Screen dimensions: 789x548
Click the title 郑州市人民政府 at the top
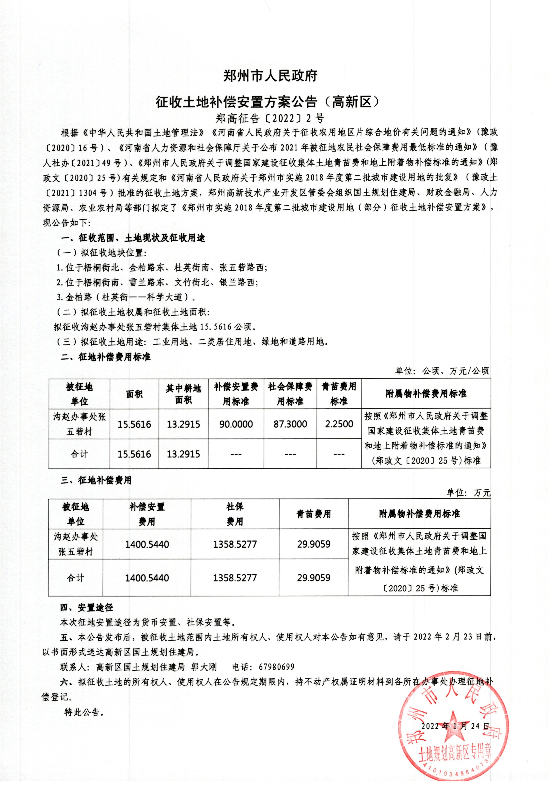270,76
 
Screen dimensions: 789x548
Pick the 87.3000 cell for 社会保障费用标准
290,424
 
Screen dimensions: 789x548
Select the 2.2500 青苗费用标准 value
339,424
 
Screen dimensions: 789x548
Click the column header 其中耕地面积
183,394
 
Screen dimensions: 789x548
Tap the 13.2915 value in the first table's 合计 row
183,454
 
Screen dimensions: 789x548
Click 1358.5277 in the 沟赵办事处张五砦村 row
235,544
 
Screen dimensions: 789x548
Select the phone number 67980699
276,667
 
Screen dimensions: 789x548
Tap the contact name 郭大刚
204,667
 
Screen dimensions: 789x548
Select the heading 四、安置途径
87,608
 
